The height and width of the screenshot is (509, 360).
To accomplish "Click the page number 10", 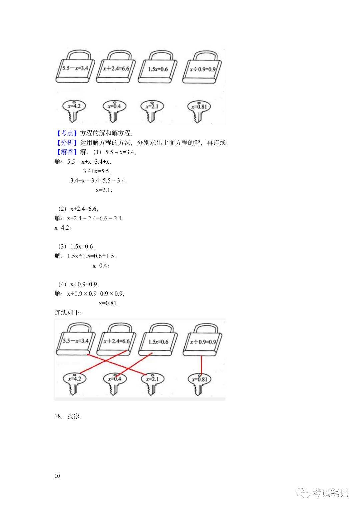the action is click(57, 476).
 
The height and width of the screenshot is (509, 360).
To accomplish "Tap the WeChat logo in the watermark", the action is click(303, 493).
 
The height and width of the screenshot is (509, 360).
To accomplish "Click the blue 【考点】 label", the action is click(67, 133).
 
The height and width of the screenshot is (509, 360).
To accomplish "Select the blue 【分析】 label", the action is click(67, 143).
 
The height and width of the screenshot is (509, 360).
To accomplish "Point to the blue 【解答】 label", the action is click(67, 152).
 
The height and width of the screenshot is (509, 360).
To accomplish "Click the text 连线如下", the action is click(68, 312).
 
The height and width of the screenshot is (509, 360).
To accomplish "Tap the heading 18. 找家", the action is click(68, 416).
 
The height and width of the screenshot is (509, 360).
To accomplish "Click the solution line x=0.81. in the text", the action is click(109, 303).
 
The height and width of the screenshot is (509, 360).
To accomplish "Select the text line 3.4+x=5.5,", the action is click(97, 171).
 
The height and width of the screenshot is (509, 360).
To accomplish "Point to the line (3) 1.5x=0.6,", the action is click(77, 247).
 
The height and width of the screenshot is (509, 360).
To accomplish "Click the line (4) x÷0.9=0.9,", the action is click(79, 284).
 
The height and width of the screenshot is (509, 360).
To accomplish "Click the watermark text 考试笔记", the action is click(330, 493).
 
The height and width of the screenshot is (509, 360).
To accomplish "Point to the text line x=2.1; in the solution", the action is click(104, 190).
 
